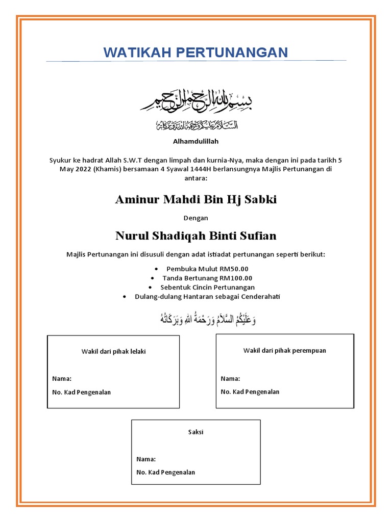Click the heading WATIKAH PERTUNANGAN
tap(196, 52)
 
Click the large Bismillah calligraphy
tap(197, 102)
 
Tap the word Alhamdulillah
tap(195, 141)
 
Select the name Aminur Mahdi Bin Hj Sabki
tap(196, 199)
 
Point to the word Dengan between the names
tap(196, 218)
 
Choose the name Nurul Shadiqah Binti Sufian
tap(196, 236)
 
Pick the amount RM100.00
tap(236, 278)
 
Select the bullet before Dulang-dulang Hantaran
tap(125, 297)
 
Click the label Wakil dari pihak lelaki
tap(113, 352)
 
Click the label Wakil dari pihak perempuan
tap(284, 351)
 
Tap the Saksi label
tap(195, 432)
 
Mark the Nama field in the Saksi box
tap(145, 459)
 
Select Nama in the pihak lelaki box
tap(62, 379)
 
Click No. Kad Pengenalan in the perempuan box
tap(250, 392)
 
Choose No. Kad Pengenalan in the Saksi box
tap(166, 473)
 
